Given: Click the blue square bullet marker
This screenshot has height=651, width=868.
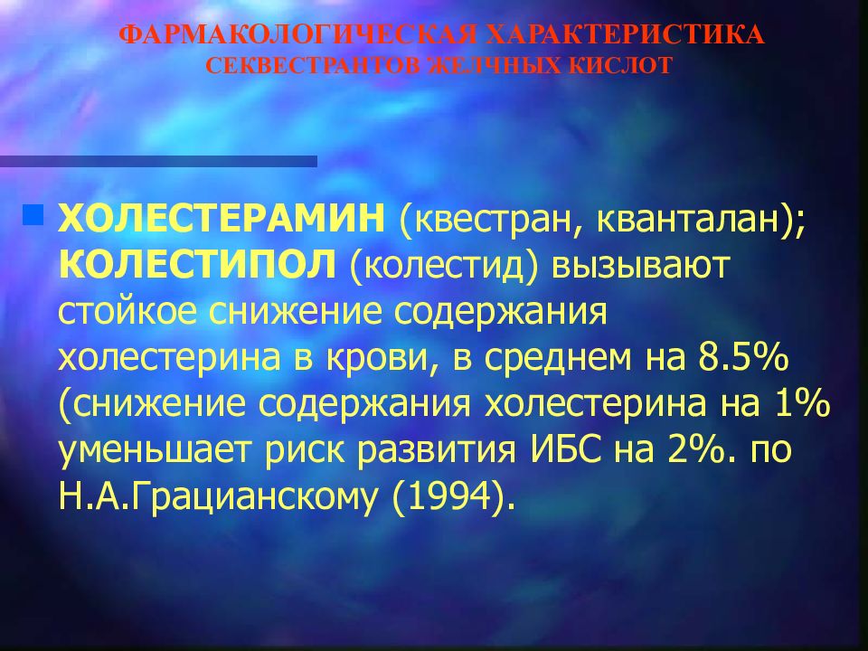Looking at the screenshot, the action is click(x=33, y=215).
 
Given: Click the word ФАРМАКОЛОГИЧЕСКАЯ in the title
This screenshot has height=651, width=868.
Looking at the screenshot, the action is click(x=297, y=35).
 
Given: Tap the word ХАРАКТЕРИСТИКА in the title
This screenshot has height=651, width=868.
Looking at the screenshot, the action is click(x=626, y=35).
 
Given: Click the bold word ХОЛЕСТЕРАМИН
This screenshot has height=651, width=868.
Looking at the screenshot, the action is click(x=222, y=218).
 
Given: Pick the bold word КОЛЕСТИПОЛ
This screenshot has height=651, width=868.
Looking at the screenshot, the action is click(x=197, y=265).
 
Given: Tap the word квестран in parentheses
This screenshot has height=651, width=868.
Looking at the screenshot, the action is click(x=490, y=219).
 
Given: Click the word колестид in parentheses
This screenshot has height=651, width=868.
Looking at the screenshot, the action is click(x=444, y=266).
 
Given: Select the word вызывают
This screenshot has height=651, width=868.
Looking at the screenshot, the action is click(x=640, y=267).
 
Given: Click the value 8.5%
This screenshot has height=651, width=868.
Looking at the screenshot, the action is click(x=743, y=358).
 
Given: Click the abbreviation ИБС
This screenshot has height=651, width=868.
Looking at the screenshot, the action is click(x=566, y=450).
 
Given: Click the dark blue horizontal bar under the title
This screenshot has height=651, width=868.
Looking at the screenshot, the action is click(x=158, y=161).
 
